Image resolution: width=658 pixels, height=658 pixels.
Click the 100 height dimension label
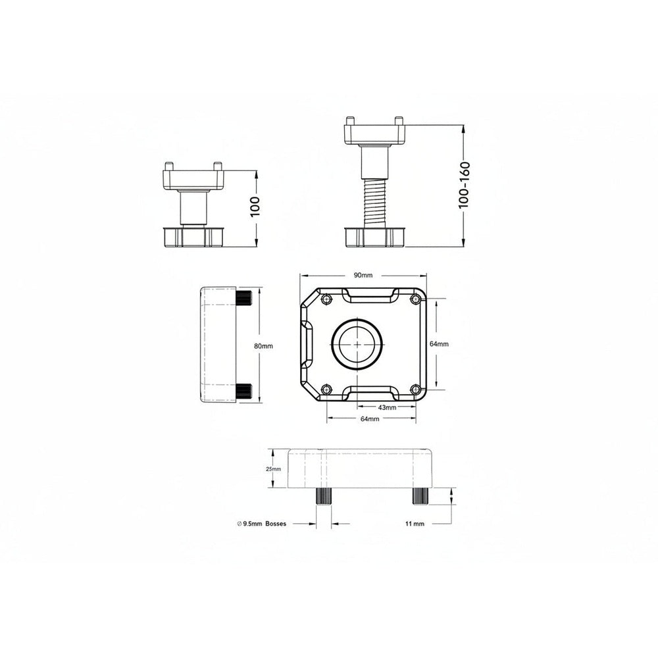pos(256,207)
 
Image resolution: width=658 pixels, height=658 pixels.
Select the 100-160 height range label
pos(463,185)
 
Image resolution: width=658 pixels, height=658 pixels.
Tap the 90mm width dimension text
pos(363,275)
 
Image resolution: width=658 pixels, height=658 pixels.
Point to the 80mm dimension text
pos(263,346)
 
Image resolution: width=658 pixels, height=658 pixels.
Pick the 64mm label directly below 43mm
pos(370,418)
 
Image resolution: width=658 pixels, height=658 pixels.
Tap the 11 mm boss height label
pos(415,524)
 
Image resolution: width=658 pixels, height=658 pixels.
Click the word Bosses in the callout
pos(276,524)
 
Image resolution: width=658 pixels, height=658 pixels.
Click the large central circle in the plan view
pos(357,344)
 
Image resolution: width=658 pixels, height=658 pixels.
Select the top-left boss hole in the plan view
pos(326,299)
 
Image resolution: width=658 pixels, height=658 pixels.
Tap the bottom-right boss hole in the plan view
pos(415,390)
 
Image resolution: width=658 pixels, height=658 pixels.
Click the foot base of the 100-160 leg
pos(374,237)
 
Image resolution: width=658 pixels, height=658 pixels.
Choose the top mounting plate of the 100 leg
pos(193,179)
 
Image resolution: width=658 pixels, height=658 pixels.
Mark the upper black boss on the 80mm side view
pos(243,298)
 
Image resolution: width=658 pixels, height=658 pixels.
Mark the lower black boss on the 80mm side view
pos(243,392)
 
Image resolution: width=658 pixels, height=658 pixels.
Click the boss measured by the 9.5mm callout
pos(324,496)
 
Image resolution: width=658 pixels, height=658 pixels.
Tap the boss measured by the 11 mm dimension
pos(421,496)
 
